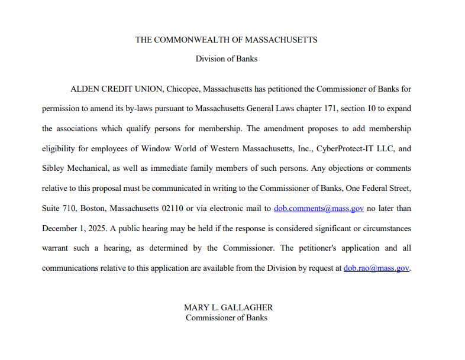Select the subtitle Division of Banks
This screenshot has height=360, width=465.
(x=227, y=59)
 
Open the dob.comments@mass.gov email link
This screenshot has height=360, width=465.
(x=318, y=208)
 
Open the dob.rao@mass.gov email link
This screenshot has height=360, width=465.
(x=376, y=268)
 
